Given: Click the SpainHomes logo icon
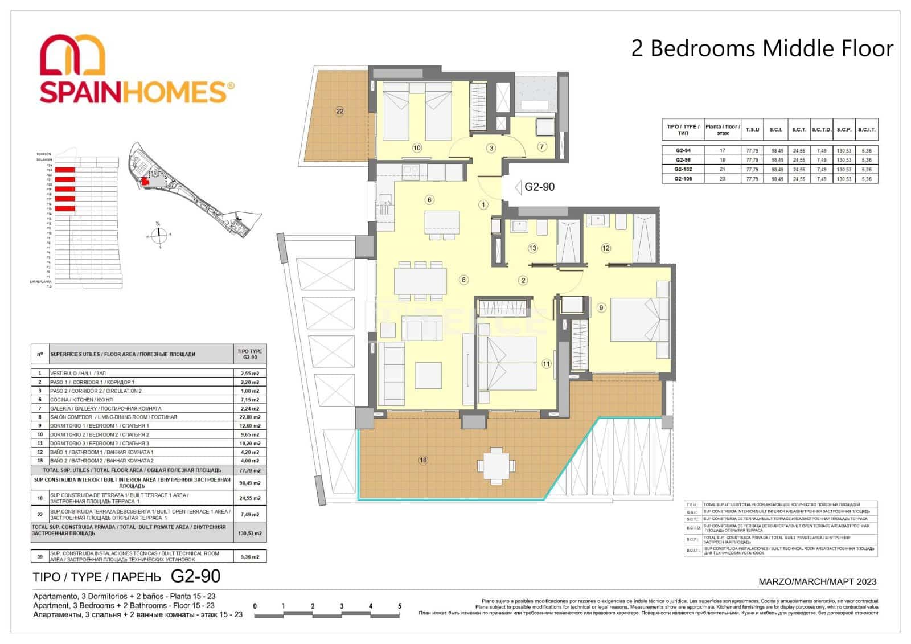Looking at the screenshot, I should [72, 54].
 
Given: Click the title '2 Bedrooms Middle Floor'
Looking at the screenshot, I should [762, 49].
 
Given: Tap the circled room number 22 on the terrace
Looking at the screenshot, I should [340, 111].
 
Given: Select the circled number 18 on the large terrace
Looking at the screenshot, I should [423, 460].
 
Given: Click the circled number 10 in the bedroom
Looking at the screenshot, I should [417, 148].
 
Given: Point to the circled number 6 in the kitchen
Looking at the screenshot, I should [429, 199].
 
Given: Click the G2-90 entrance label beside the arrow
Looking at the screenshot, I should [539, 187].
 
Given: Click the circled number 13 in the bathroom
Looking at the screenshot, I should [532, 248].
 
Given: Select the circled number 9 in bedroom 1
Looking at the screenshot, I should [601, 307].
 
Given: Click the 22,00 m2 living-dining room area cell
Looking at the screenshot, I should [250, 417].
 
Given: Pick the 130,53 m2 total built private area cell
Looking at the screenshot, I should [250, 534].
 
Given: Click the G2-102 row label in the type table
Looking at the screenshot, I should [683, 169].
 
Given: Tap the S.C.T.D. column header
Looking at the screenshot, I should [822, 129].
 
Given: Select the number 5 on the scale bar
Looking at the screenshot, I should [400, 606].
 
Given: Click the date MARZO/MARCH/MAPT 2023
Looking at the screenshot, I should [818, 581].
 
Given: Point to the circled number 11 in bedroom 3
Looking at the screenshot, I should [547, 364].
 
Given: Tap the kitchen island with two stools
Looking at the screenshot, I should [442, 222].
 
